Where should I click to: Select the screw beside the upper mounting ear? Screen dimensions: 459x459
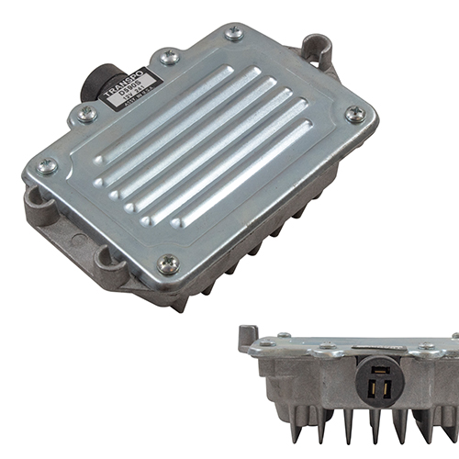pos(234,34)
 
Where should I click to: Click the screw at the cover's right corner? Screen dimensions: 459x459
pos(355,115)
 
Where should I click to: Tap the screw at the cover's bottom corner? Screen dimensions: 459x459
pos(168,264)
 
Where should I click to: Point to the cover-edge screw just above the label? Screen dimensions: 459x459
pos(169,57)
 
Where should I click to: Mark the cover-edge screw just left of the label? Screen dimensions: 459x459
pos(87,114)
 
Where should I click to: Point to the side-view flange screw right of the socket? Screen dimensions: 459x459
pos(426,346)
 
